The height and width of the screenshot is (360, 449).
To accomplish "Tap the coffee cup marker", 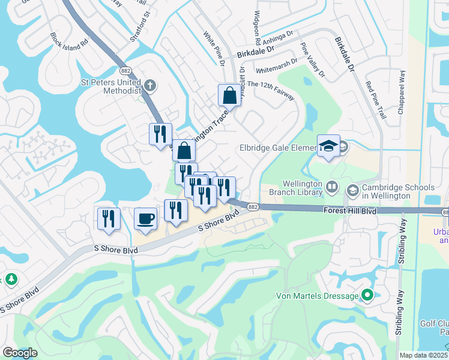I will [145, 218].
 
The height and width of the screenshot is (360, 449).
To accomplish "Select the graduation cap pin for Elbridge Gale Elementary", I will [328, 145].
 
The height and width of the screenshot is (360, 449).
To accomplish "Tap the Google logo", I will [20, 353].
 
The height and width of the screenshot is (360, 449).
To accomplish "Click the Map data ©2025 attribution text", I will [423, 355].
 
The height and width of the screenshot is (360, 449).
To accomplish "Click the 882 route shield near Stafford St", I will [125, 70].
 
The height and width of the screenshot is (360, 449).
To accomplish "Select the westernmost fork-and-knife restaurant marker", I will [109, 218].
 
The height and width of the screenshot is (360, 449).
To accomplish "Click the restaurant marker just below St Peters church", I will [160, 134].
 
